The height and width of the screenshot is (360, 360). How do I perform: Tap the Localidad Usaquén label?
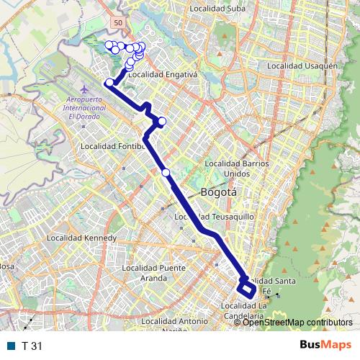[302, 66]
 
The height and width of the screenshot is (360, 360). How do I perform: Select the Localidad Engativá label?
[163, 74]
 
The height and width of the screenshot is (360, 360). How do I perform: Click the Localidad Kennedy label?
[81, 238]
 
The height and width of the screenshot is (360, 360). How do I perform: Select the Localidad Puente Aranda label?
[154, 272]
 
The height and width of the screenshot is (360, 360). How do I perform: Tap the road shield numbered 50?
[117, 24]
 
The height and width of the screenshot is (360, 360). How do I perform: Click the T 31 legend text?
[32, 346]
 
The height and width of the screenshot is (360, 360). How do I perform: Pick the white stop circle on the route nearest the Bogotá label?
[166, 173]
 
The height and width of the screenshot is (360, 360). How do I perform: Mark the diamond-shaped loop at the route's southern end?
[246, 289]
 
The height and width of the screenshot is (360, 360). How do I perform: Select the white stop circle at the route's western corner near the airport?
[109, 83]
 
